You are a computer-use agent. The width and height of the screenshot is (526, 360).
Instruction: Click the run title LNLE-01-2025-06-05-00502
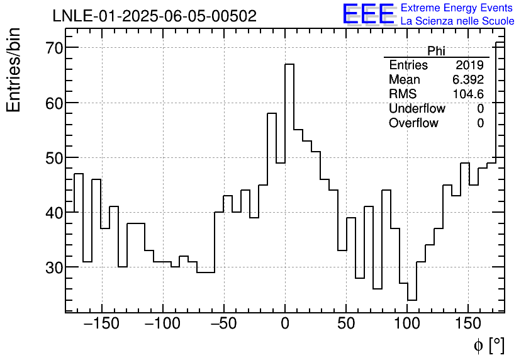(154, 16)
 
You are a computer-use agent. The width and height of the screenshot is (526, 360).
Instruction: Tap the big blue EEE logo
(368, 14)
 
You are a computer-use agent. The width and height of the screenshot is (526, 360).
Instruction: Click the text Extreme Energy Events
(457, 8)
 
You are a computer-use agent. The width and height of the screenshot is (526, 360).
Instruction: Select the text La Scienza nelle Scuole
(457, 21)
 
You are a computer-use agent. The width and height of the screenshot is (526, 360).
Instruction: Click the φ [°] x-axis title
(488, 345)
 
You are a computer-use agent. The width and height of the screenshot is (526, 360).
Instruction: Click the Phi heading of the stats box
(436, 51)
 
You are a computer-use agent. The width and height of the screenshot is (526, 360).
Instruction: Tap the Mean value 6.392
(467, 80)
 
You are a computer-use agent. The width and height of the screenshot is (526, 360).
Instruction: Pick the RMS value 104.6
(468, 94)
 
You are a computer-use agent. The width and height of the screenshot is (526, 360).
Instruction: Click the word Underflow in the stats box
(417, 109)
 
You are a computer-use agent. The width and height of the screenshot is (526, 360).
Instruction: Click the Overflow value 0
(480, 123)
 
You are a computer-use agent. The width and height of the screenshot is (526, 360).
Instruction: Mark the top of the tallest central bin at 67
(289, 64)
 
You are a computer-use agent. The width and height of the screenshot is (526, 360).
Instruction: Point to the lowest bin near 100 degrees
(412, 300)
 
